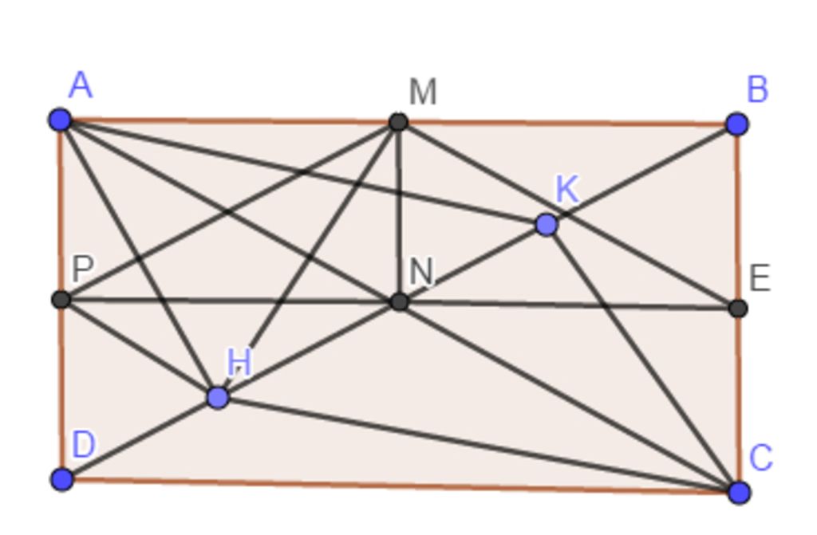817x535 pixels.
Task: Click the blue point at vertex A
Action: tap(61, 120)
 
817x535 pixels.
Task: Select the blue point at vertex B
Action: tap(736, 124)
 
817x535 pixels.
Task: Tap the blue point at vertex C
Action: tap(739, 492)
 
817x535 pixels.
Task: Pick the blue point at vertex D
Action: tap(62, 478)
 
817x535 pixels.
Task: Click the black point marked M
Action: tap(399, 122)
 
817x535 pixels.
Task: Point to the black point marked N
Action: tap(399, 301)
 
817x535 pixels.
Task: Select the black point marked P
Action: tap(61, 300)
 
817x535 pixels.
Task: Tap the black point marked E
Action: tap(738, 309)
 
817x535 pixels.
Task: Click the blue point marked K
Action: tap(547, 225)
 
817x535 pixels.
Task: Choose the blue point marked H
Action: tap(218, 398)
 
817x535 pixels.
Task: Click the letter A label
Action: tap(81, 85)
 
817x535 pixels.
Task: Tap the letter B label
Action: tap(758, 89)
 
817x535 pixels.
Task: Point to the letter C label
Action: tap(760, 458)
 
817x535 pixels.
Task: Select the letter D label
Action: tap(83, 445)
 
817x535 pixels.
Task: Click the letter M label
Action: tap(423, 92)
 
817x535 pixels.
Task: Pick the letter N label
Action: tap(421, 271)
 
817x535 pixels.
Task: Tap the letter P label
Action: tap(83, 269)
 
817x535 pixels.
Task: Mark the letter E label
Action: tap(760, 278)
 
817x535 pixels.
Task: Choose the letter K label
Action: tap(567, 189)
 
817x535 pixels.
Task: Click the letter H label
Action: tap(239, 362)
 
